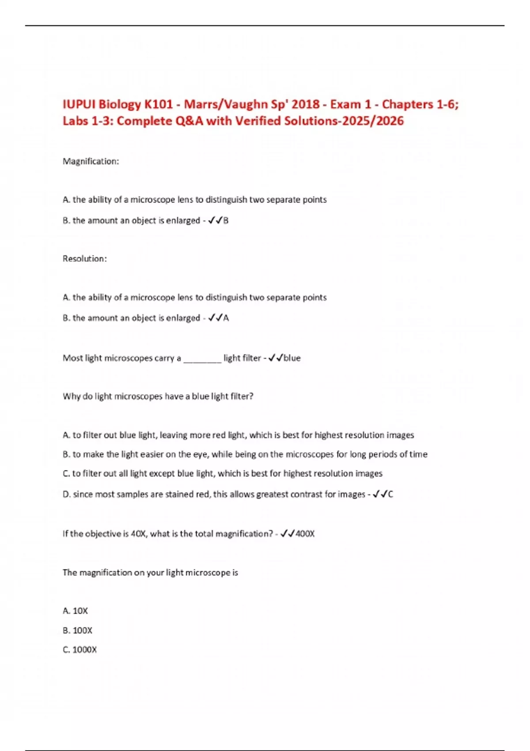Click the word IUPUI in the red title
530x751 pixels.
pos(79,104)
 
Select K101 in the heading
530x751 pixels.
pos(159,104)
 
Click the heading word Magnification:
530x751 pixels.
pos(91,161)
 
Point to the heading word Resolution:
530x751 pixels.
pos(85,259)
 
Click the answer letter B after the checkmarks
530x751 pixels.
pos(226,220)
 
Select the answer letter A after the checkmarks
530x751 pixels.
pos(226,318)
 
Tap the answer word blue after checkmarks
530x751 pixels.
pos(292,358)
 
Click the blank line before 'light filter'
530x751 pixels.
pos(202,359)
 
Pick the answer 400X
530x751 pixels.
pos(305,534)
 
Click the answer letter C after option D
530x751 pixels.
pos(390,494)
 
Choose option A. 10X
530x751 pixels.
pos(76,611)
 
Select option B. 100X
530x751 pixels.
pos(78,630)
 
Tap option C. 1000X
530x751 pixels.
pos(80,650)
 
